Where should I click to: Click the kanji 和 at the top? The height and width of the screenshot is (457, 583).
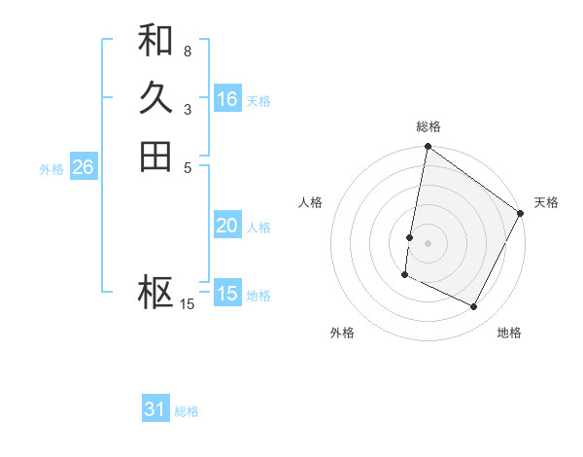click(x=155, y=40)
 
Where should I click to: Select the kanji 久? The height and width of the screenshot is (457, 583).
click(x=155, y=98)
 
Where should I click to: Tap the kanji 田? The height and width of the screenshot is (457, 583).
click(x=155, y=157)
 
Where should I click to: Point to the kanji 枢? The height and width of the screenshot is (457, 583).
click(x=155, y=293)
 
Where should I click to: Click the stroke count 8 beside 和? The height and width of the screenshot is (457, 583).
click(x=187, y=51)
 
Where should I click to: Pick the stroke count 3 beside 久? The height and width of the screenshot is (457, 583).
click(x=187, y=109)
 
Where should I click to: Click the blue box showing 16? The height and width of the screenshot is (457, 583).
click(x=227, y=99)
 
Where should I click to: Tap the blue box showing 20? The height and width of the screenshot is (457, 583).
click(x=227, y=226)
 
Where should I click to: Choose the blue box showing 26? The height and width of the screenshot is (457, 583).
click(x=83, y=167)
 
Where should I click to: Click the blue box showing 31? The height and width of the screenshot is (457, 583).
click(x=155, y=409)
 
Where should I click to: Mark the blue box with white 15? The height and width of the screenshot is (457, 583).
click(x=227, y=294)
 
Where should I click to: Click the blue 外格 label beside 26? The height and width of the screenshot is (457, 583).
click(x=51, y=168)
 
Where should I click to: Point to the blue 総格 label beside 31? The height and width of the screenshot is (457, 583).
click(x=187, y=411)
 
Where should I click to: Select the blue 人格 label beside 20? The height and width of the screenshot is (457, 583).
click(x=258, y=228)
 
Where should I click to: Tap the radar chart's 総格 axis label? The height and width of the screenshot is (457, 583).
click(x=428, y=126)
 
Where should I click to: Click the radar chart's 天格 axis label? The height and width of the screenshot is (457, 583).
click(x=546, y=202)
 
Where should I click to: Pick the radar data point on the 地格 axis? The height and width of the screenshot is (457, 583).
click(x=474, y=307)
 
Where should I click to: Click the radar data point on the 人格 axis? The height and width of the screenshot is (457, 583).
click(x=410, y=236)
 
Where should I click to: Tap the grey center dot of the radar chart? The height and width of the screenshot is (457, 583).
click(x=428, y=243)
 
